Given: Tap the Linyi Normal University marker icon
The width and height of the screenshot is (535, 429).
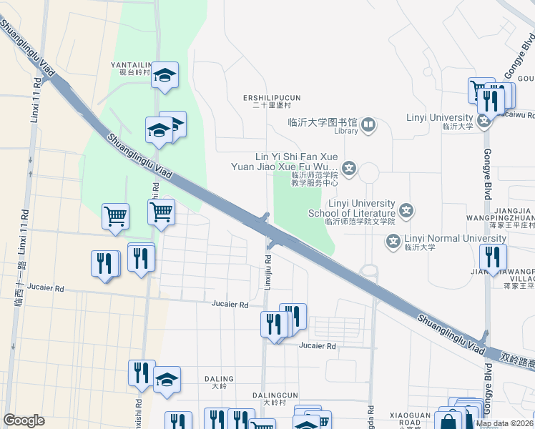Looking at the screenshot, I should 393,242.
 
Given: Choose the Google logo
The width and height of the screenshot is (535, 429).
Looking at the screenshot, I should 24,420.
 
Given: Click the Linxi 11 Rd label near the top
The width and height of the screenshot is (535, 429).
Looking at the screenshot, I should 34,99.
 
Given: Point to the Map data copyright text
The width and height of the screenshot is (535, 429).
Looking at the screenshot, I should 505,423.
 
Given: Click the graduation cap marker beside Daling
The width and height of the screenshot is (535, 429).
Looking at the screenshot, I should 167,379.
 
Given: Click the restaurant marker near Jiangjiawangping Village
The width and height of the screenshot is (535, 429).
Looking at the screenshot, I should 493,257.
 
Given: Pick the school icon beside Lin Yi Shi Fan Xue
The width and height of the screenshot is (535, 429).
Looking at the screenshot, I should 349,169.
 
